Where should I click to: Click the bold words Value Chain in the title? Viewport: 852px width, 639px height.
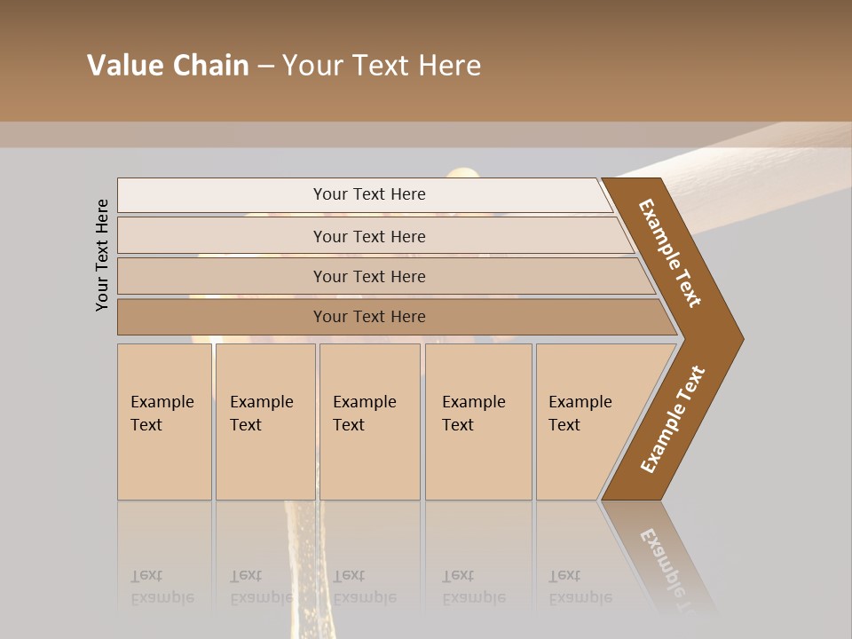[x=168, y=66]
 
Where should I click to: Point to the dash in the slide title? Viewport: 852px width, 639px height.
[x=265, y=67]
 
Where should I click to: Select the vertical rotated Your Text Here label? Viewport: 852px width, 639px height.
[x=102, y=255]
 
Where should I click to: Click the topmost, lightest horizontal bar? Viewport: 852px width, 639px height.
[x=369, y=194]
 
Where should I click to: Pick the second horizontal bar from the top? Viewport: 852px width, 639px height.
[x=369, y=236]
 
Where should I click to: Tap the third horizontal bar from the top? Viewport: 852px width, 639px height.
[x=369, y=276]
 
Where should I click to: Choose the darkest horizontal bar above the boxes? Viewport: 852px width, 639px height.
[x=369, y=317]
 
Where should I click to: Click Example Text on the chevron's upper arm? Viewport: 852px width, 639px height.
[x=670, y=253]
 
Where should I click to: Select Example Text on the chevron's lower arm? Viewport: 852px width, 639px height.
[x=673, y=420]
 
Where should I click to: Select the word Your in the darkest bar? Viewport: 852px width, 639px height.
[x=331, y=317]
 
